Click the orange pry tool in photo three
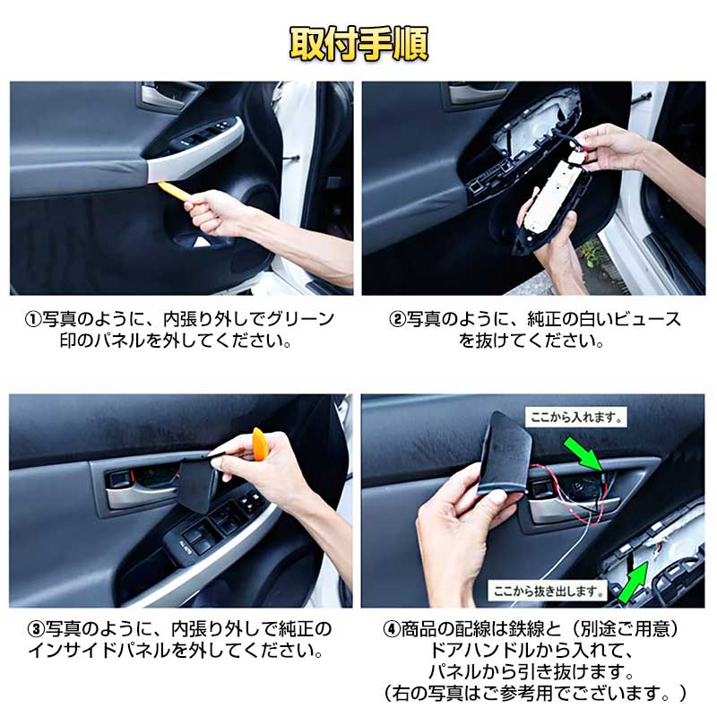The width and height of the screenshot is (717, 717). coord(258,445)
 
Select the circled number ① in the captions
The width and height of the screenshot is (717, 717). coord(32,319)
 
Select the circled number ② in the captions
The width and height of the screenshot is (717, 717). coord(397,319)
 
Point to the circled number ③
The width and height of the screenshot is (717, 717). coord(32,628)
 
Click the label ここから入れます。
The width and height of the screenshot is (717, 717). coord(574,418)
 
